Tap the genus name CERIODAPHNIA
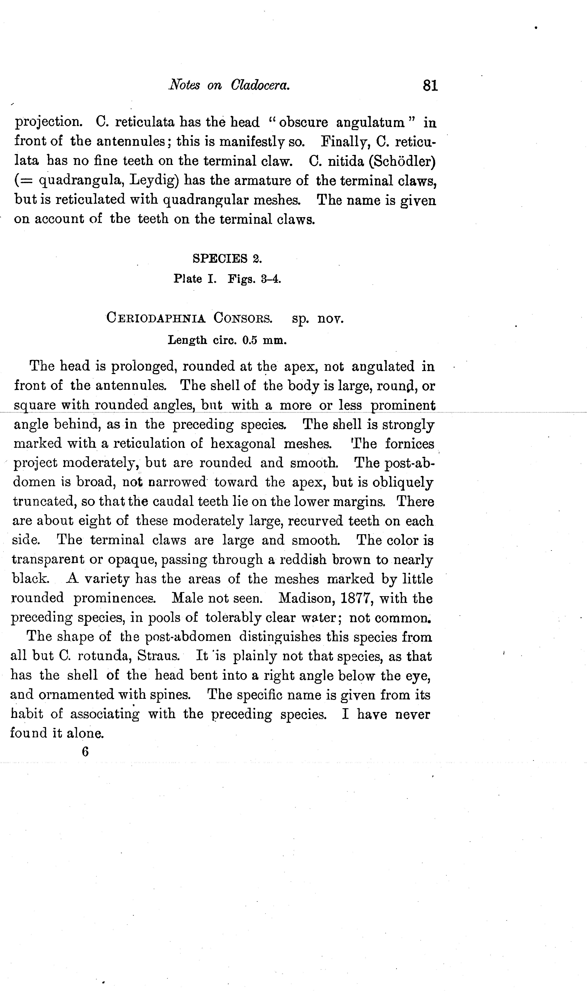coord(156,318)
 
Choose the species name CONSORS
coord(242,318)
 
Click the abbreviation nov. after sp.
coord(331,319)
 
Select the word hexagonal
coord(243,444)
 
